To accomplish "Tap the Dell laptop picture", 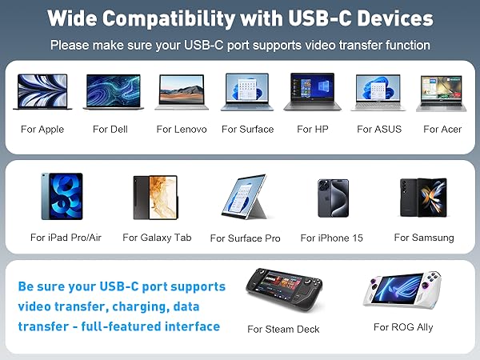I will click(x=111, y=93).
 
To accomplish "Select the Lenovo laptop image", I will click(x=182, y=93).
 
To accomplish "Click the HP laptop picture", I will click(x=313, y=93).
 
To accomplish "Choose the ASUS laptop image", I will click(x=378, y=93).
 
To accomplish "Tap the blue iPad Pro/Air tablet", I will click(x=62, y=197).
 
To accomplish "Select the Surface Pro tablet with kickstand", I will click(x=245, y=199).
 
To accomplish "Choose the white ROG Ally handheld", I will click(x=403, y=291).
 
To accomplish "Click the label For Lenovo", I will click(x=182, y=129).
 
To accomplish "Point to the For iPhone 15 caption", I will click(x=331, y=238).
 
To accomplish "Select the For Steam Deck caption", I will click(x=283, y=329).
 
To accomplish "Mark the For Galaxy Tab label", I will click(x=157, y=238).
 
